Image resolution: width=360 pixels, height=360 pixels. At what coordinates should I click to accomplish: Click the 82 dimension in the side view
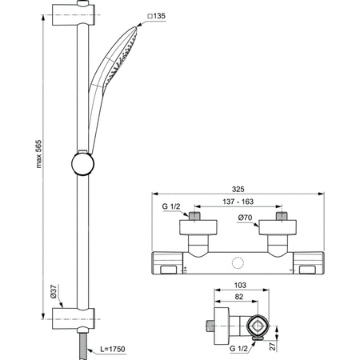[238, 296]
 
